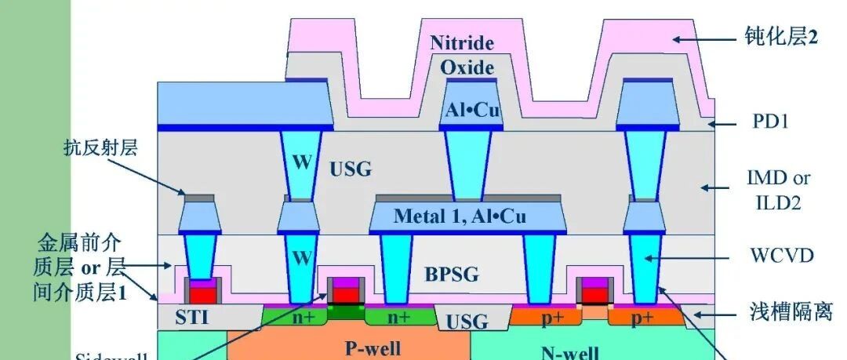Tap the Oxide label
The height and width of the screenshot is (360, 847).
(467, 67)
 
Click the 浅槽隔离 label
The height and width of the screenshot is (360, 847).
(780, 312)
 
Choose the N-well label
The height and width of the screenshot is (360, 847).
(569, 351)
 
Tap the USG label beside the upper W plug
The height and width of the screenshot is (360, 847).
(350, 169)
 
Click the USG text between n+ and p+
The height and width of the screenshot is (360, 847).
(467, 322)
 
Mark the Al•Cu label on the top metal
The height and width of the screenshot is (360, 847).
(472, 111)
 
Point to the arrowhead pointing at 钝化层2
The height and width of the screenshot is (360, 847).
(675, 37)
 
